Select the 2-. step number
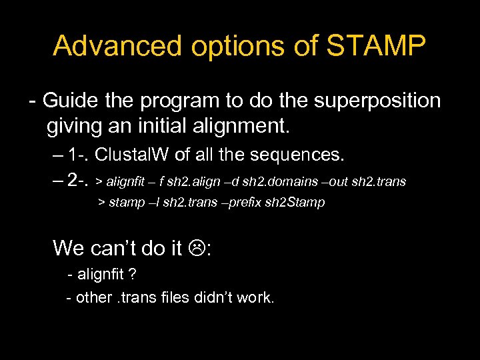79,181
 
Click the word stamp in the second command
126,202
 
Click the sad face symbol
197,249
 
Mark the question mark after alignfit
133,274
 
